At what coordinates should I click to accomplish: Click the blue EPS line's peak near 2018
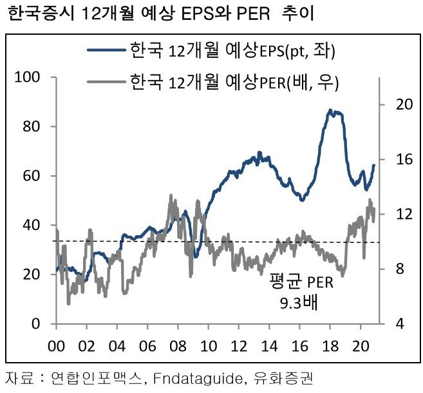330,111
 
